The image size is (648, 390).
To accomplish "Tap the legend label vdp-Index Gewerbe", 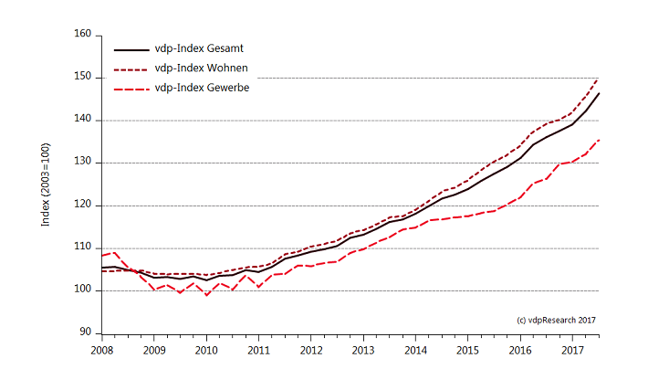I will [203, 88].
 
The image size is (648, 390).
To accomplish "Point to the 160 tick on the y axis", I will [83, 35].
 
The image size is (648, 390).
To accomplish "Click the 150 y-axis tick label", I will [83, 78].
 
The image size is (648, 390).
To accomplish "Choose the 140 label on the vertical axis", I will [83, 120].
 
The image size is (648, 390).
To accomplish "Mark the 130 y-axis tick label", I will [83, 163].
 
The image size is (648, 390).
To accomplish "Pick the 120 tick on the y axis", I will [83, 205].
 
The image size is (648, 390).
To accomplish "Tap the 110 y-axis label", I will [83, 248].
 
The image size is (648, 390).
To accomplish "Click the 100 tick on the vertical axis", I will [83, 290].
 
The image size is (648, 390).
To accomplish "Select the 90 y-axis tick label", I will [86, 332].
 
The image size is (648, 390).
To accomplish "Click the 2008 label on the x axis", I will [102, 350].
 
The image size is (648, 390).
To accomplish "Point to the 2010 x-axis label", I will [206, 350].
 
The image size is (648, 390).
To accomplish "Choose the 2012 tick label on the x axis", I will [311, 350].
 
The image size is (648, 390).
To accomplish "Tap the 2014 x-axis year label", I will [415, 350].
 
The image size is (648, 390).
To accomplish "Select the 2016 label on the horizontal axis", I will [520, 350].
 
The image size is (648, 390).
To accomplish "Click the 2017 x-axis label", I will [572, 350].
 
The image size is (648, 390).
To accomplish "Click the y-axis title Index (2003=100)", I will [46, 183].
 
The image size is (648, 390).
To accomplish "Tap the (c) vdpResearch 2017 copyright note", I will [556, 320].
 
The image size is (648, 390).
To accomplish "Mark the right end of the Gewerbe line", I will [599, 140].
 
